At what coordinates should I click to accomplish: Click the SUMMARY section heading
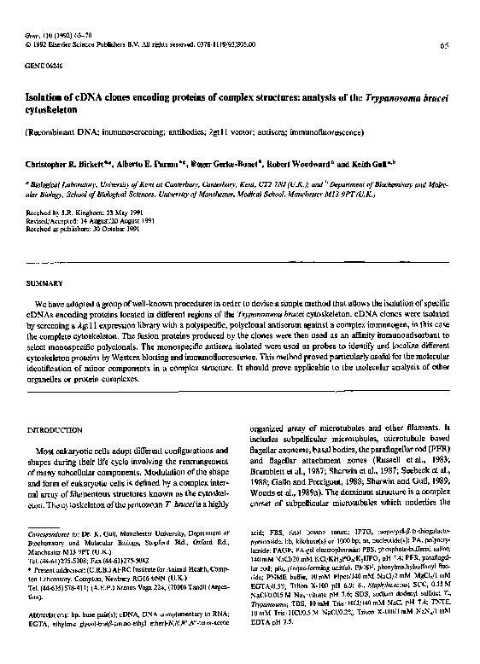[45, 282]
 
